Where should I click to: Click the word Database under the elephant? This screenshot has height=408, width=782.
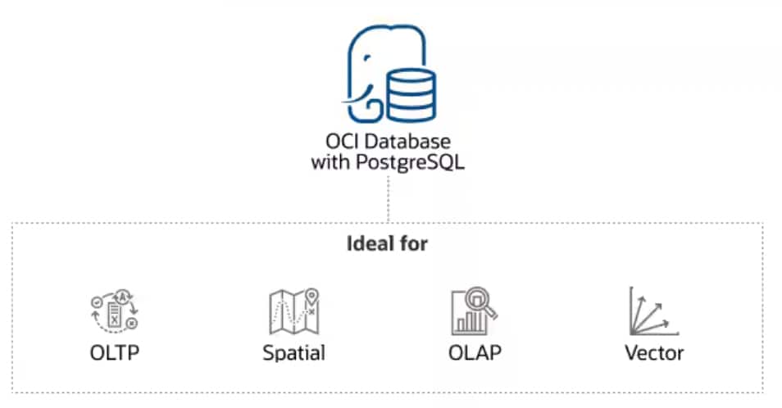pos(408,142)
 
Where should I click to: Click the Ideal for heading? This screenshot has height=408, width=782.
pos(388,243)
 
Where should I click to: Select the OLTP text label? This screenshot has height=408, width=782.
pos(116,352)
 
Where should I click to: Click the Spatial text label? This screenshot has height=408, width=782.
pos(293,353)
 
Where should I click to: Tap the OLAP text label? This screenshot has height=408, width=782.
pos(475,352)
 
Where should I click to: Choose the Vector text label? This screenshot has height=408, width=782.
pos(653,353)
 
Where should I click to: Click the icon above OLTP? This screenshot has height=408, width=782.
pos(116,311)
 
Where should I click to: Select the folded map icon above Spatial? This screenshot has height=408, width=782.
pos(293,312)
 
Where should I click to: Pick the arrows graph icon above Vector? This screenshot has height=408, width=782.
pos(652,311)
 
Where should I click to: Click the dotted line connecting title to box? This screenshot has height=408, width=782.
pos(388,197)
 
